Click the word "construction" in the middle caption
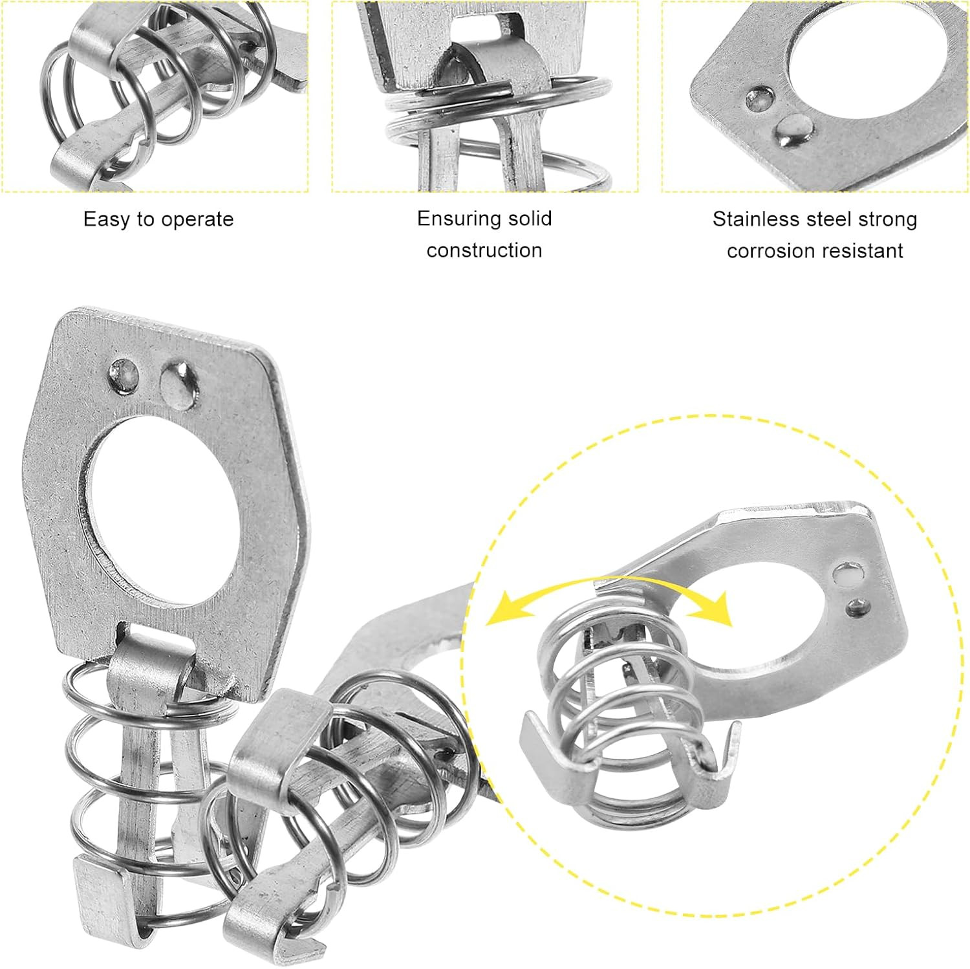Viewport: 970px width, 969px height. click(x=484, y=250)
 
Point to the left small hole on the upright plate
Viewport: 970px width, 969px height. click(x=124, y=375)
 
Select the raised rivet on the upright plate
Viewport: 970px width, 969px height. click(x=178, y=384)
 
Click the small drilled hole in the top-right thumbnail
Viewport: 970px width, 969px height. click(x=759, y=99)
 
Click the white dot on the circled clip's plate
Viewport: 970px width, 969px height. click(x=846, y=572)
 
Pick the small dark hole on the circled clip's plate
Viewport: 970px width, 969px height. click(x=857, y=607)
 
